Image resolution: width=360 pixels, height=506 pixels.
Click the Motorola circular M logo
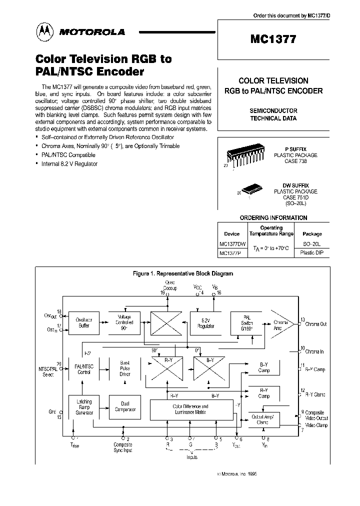[42, 32]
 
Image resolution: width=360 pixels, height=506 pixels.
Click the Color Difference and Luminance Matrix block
[190, 409]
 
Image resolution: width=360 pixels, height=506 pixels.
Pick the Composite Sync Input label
[123, 447]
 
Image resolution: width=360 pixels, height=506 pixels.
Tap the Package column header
[312, 234]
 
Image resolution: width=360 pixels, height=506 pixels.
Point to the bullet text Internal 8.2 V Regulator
[69, 163]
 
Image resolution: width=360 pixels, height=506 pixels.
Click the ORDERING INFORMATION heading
[273, 217]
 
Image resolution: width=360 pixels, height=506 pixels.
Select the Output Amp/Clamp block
[262, 419]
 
